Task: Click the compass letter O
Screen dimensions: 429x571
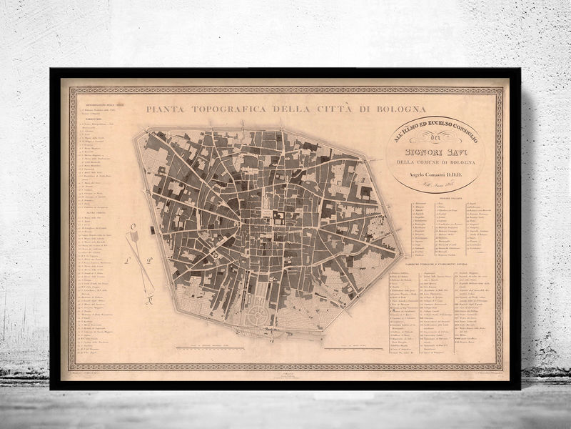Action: point(133,229)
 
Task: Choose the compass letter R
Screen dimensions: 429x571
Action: point(150,300)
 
